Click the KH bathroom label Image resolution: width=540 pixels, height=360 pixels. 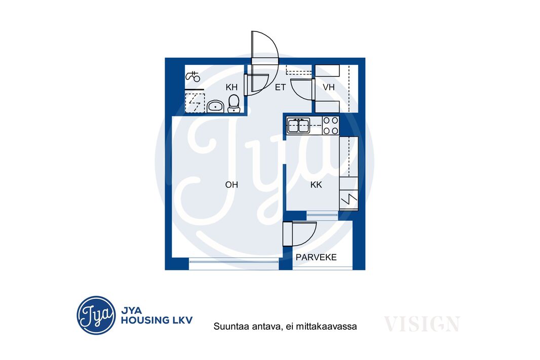pyautogui.click(x=232, y=87)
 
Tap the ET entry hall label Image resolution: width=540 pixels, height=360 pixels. pyautogui.click(x=280, y=88)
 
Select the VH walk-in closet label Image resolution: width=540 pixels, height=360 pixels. pyautogui.click(x=329, y=87)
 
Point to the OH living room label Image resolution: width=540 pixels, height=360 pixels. pyautogui.click(x=232, y=185)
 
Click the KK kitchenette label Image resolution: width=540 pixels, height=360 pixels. pyautogui.click(x=316, y=185)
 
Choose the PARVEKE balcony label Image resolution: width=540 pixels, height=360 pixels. pyautogui.click(x=316, y=257)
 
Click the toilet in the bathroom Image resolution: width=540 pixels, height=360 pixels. pyautogui.click(x=234, y=104)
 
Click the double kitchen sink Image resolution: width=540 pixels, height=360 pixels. pyautogui.click(x=298, y=125)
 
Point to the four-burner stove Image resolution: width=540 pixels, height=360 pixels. pyautogui.click(x=331, y=125)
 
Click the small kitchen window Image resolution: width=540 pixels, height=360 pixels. pyautogui.click(x=322, y=215)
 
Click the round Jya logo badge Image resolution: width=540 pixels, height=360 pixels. pyautogui.click(x=96, y=315)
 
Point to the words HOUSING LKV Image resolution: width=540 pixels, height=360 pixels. pyautogui.click(x=157, y=321)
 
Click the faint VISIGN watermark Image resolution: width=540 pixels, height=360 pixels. pyautogui.click(x=422, y=324)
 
